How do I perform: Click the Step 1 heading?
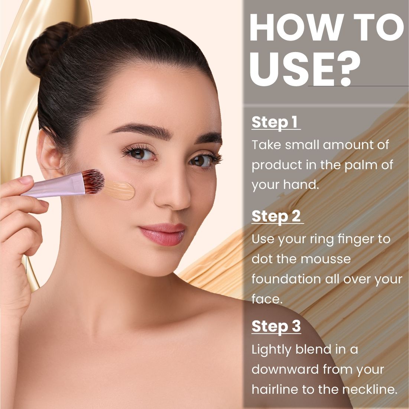pyautogui.click(x=275, y=122)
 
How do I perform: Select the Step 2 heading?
pyautogui.click(x=277, y=216)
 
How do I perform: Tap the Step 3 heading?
pyautogui.click(x=276, y=326)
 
